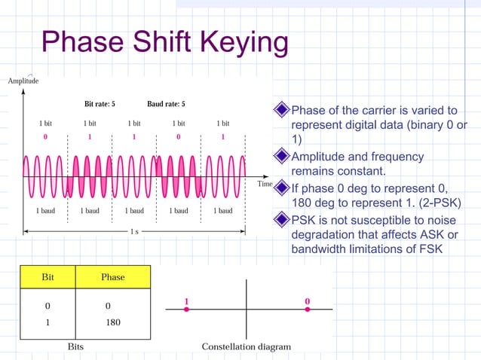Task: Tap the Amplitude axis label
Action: [23, 81]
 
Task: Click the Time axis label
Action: [265, 184]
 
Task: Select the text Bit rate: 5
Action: [100, 104]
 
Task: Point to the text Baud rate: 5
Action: [166, 104]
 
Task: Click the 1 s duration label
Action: [134, 231]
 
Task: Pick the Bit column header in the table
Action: [47, 277]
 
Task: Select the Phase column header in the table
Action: [113, 277]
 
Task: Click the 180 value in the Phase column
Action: [113, 322]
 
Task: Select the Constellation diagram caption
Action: [246, 346]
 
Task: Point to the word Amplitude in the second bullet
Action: [317, 157]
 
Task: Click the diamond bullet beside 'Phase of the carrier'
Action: [282, 111]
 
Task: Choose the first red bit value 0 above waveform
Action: [45, 137]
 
